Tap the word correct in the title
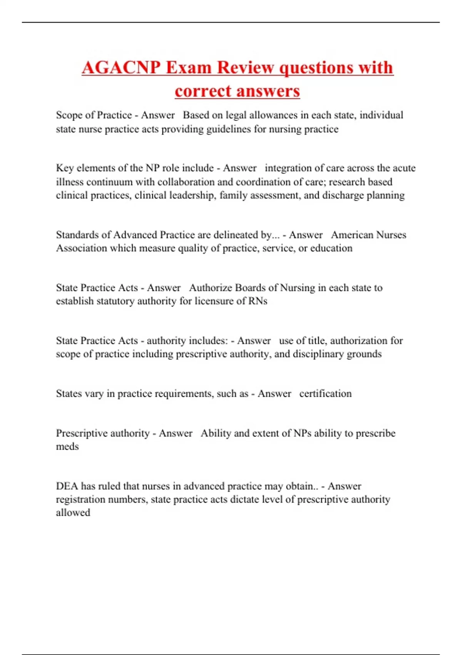202,91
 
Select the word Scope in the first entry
69,115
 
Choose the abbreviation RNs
258,301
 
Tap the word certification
325,394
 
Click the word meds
67,447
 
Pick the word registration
82,500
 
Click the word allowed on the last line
73,513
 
